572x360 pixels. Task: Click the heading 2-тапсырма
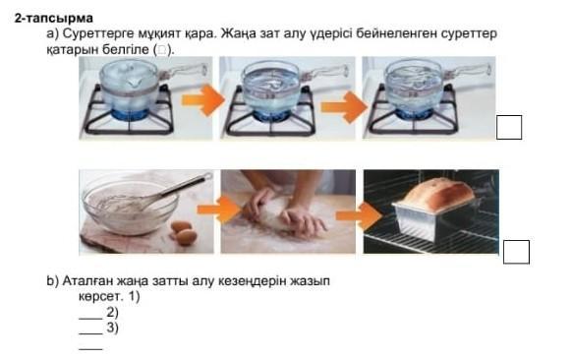54,18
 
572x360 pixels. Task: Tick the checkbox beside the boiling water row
509,127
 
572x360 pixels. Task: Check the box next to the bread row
516,252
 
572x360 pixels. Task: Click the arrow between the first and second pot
202,100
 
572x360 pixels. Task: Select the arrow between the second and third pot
344,107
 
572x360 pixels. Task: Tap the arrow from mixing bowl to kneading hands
219,210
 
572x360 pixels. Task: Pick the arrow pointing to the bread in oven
359,215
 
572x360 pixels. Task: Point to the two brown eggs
184,232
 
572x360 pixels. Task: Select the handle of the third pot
468,70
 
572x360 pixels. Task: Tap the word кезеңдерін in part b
252,281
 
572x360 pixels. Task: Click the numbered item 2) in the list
112,313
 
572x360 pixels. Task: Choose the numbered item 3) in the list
112,328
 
